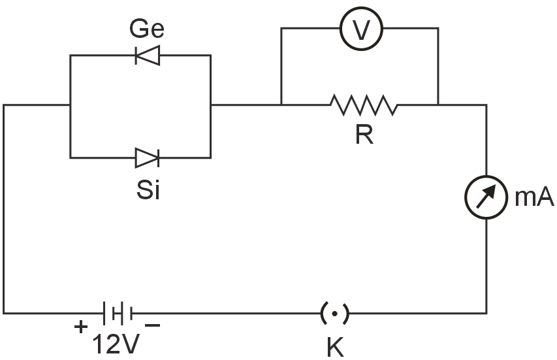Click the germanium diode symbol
tap(147, 56)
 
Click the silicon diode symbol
tap(147, 157)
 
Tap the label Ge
tap(147, 29)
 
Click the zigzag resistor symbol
tap(363, 105)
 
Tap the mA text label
tap(533, 198)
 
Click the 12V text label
tap(116, 344)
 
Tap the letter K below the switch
tap(335, 347)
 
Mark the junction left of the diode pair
tap(70, 105)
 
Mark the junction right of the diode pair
tap(211, 105)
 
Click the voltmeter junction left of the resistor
tap(281, 105)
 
